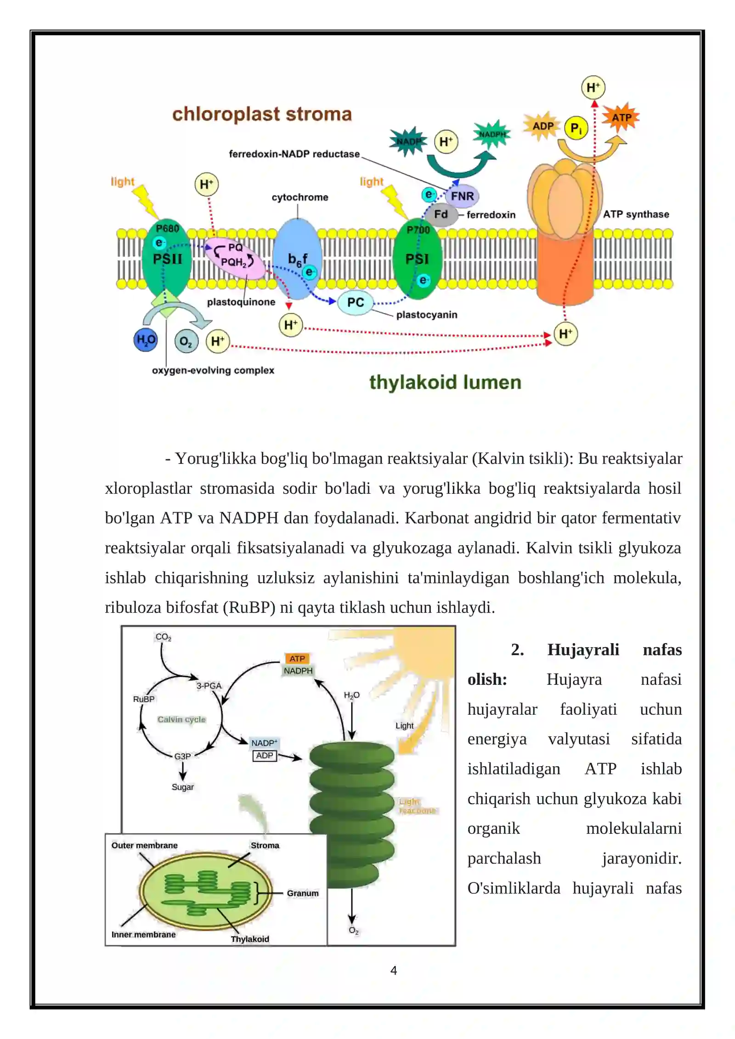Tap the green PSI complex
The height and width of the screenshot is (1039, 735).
point(417,258)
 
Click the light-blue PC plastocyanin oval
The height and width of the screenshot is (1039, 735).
point(355,302)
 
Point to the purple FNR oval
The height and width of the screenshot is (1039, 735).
point(462,196)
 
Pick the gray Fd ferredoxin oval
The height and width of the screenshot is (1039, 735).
point(441,215)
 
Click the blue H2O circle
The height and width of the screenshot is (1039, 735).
point(146,340)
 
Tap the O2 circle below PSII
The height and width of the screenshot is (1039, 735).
point(186,341)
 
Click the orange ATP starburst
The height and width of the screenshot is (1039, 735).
point(621,118)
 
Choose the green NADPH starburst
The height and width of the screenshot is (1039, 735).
point(492,134)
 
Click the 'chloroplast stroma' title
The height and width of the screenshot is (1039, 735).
point(262,114)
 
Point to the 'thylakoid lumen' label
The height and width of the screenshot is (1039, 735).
point(445,382)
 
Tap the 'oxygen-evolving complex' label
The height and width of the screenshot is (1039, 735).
point(213,370)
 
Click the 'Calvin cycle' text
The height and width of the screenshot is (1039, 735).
point(181,719)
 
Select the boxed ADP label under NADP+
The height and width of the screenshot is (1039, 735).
point(265,756)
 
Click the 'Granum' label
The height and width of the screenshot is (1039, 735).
point(303,893)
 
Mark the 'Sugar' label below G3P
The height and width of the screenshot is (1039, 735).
point(183,787)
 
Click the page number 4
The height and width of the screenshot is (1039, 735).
point(394,970)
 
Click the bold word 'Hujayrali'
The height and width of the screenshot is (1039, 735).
point(583,649)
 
